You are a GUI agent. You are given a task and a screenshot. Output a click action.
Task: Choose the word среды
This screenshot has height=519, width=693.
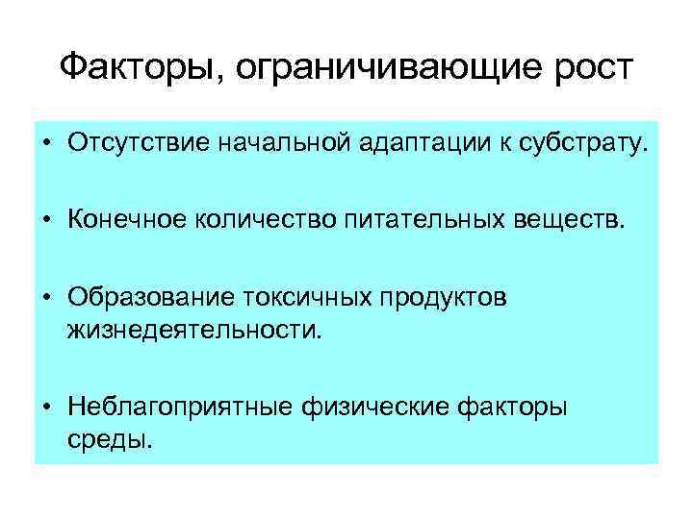tap(109, 441)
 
